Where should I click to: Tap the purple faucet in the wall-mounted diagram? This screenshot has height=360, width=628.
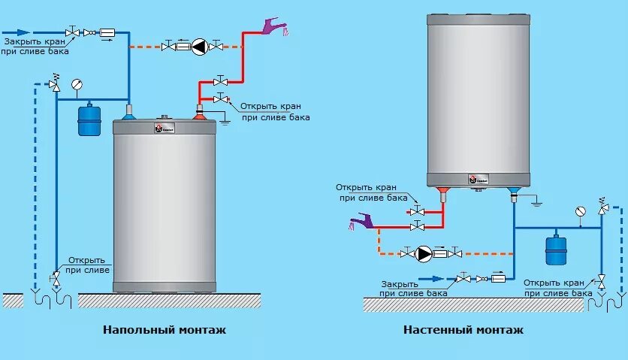pyautogui.click(x=362, y=221)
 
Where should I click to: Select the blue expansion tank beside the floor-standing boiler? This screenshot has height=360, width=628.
pyautogui.click(x=89, y=119)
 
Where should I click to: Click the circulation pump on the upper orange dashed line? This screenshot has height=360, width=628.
pyautogui.click(x=198, y=47)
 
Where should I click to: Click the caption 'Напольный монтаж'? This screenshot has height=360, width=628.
pyautogui.click(x=164, y=330)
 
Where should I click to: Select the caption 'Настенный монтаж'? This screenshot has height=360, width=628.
pyautogui.click(x=463, y=330)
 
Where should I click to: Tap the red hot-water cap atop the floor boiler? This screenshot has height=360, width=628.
pyautogui.click(x=200, y=114)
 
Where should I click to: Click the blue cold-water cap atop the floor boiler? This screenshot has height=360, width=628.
pyautogui.click(x=128, y=113)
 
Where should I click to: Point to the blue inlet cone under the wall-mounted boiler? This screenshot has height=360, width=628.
pyautogui.click(x=515, y=193)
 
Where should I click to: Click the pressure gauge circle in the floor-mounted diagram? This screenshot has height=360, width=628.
pyautogui.click(x=76, y=84)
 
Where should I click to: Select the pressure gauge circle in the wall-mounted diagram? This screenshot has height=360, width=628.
pyautogui.click(x=579, y=211)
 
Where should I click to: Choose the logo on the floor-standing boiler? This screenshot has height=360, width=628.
pyautogui.click(x=159, y=129)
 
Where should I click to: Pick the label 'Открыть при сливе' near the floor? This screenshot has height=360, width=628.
pyautogui.click(x=87, y=265)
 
